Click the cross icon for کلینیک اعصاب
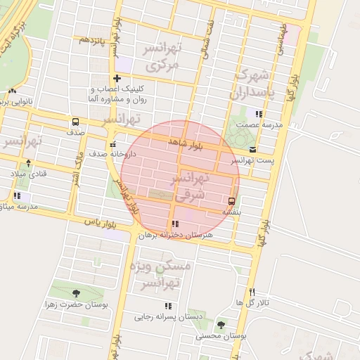[x=117, y=78]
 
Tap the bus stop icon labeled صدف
[x=76, y=122]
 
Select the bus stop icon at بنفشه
[x=232, y=200]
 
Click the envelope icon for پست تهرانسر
[x=253, y=150]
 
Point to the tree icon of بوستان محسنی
[x=221, y=325]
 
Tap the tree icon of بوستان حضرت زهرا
[x=76, y=293]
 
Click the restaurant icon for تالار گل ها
[x=252, y=292]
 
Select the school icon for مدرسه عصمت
[x=259, y=114]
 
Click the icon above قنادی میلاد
[x=27, y=163]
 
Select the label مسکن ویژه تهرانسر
[x=160, y=274]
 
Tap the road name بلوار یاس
[x=98, y=222]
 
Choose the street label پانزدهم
[x=92, y=40]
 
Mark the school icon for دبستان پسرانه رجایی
[x=168, y=306]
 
